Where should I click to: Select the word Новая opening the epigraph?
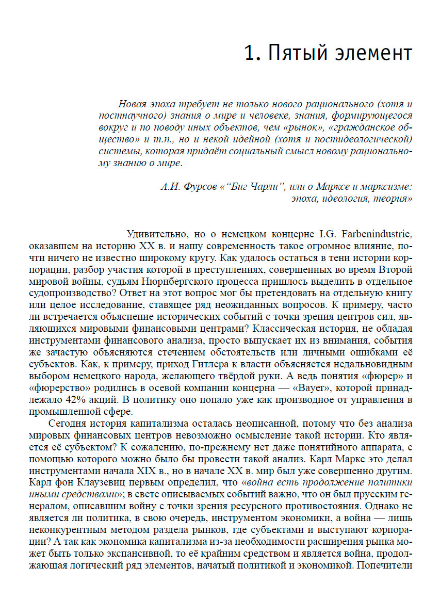[x=133, y=103]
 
